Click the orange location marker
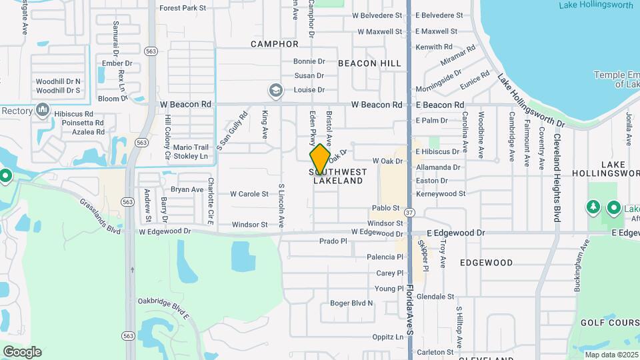(x=320, y=159)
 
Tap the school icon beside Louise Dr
(x=275, y=90)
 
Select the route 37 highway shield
(x=409, y=212)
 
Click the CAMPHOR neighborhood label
(x=275, y=44)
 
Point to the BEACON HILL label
(x=370, y=63)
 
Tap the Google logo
(x=22, y=351)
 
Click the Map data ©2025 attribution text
(x=611, y=355)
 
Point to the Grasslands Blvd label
(x=100, y=216)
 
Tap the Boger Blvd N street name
(x=352, y=303)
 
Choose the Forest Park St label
(x=183, y=8)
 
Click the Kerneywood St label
(x=440, y=194)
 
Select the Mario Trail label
(x=191, y=147)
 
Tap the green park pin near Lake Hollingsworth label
(x=613, y=208)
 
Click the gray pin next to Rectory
(x=43, y=109)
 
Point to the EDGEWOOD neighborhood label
(x=486, y=263)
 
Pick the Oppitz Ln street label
(x=388, y=337)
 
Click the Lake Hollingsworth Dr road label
(x=531, y=101)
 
